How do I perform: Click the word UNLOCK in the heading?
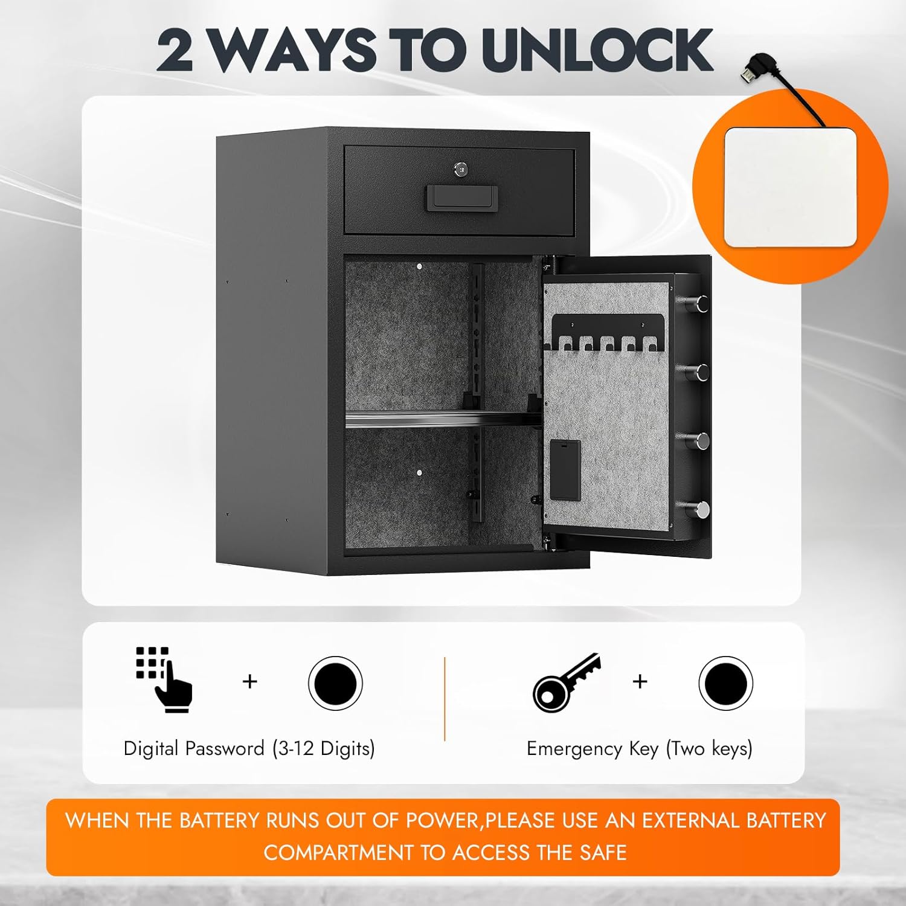598,51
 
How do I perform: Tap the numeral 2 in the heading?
175,51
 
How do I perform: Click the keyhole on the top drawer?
460,170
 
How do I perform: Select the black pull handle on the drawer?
460,198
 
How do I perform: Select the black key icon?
566,682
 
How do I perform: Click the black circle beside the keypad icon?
335,683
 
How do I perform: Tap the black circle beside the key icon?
725,683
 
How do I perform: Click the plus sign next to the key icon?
640,681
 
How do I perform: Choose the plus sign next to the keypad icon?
249,681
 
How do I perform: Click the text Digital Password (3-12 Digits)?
249,748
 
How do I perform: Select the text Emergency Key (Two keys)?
639,748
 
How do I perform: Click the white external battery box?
789,187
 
